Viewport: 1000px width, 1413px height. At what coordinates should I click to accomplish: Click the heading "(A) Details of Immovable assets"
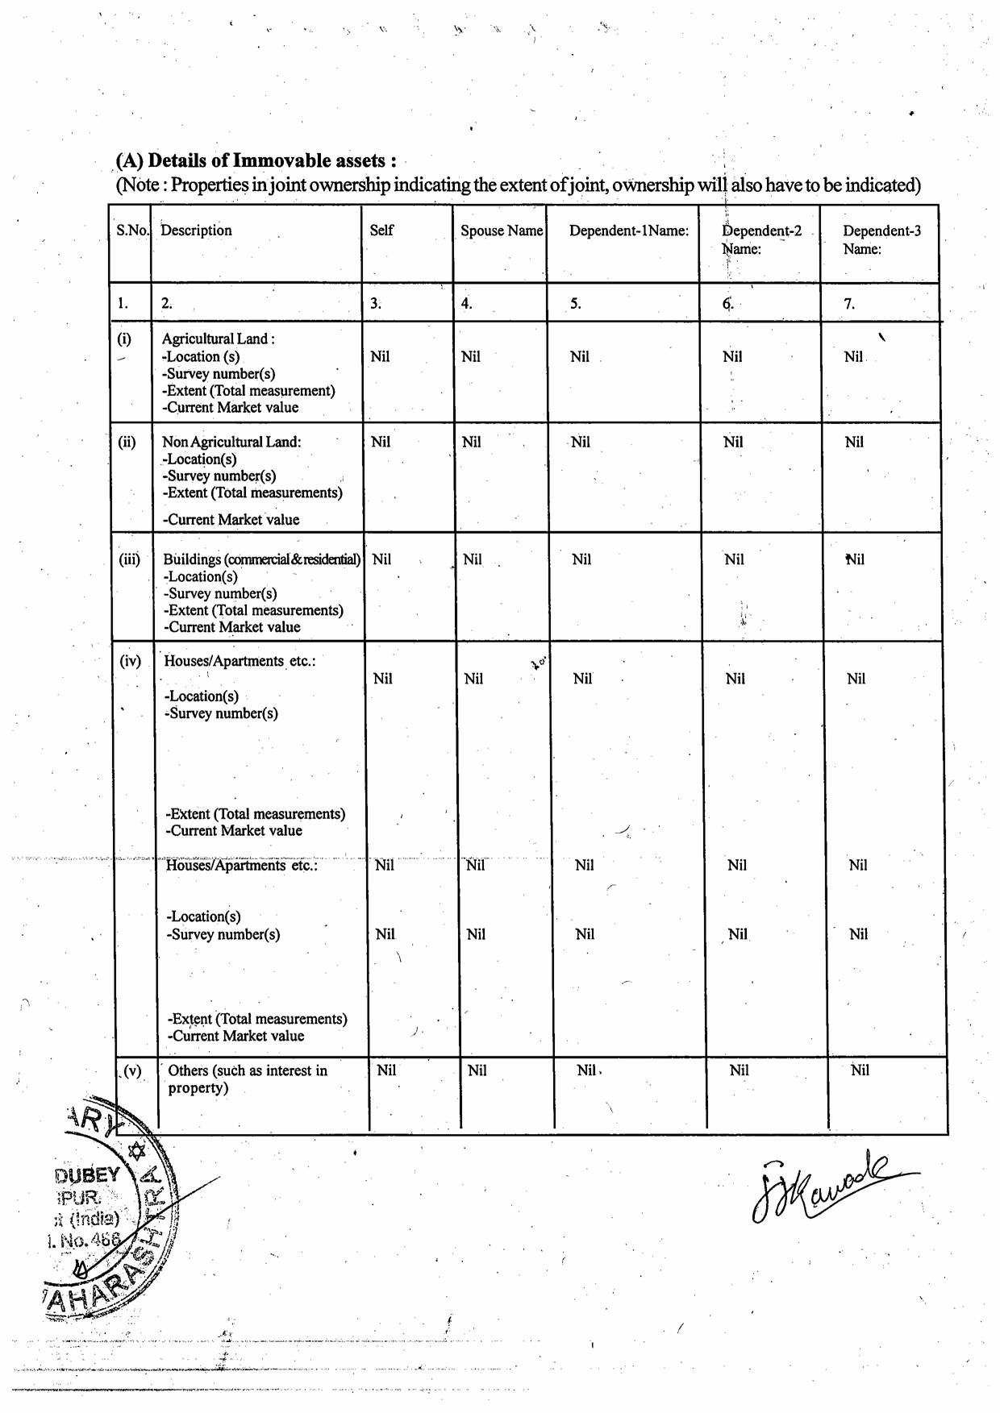pos(256,160)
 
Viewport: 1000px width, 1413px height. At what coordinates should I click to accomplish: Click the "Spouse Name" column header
pos(501,231)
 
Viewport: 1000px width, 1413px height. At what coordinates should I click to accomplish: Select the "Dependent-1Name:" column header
pos(628,231)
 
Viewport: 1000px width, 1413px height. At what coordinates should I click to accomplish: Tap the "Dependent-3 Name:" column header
pos(881,239)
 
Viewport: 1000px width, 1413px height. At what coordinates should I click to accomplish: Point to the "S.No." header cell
pos(132,231)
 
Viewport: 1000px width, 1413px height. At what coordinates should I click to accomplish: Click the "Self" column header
pos(381,231)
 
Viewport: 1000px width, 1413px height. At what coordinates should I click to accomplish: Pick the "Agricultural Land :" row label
pos(218,339)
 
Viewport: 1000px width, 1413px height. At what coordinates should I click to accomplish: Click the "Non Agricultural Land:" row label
pos(231,442)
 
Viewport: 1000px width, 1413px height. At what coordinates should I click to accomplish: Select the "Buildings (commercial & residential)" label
pos(261,559)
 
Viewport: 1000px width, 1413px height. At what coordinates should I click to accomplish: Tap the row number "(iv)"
pos(130,662)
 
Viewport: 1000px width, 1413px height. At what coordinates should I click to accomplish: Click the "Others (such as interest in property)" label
pos(247,1078)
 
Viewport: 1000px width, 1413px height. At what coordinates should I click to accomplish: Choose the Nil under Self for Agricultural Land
pos(380,356)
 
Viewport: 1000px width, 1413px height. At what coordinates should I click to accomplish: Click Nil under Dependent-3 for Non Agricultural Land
pos(854,442)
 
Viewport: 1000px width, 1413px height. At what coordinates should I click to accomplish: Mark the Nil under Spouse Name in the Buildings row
pos(473,559)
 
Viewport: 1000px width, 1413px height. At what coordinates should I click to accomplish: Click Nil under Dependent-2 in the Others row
pos(739,1070)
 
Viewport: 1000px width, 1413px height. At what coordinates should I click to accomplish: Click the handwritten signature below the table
pos(823,1184)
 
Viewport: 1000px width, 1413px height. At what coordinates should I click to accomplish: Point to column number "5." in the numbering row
pos(575,304)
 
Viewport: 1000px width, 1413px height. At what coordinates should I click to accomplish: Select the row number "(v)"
pos(131,1071)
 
